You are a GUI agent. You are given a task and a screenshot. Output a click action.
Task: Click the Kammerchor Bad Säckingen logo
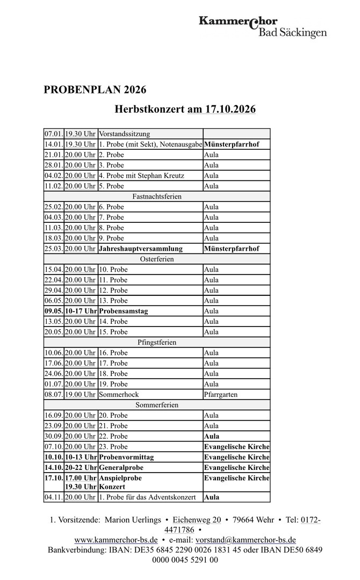pyautogui.click(x=262, y=27)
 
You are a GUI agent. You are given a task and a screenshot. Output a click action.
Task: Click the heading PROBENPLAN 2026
pyautogui.click(x=95, y=90)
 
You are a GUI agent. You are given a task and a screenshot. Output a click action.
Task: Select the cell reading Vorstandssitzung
pyautogui.click(x=124, y=134)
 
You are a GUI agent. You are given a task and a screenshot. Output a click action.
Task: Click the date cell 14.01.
pyautogui.click(x=54, y=144)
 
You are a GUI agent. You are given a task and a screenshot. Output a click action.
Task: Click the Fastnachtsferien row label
pyautogui.click(x=157, y=197)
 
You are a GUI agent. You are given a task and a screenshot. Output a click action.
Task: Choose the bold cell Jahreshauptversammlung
pyautogui.click(x=141, y=249)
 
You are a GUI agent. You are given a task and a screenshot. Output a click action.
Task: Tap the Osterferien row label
pyautogui.click(x=157, y=259)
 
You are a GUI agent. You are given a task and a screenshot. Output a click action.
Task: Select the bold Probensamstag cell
pyautogui.click(x=124, y=311)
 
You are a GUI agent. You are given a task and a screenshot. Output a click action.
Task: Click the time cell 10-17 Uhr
pyautogui.click(x=81, y=311)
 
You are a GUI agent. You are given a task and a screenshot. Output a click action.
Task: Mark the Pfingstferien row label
pyautogui.click(x=157, y=342)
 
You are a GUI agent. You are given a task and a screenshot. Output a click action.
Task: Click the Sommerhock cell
pyautogui.click(x=119, y=395)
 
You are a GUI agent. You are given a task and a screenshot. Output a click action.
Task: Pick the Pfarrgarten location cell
pyautogui.click(x=221, y=395)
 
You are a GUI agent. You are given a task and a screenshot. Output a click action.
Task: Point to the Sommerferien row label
pyautogui.click(x=157, y=405)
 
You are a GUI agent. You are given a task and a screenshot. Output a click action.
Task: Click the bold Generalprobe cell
pyautogui.click(x=121, y=468)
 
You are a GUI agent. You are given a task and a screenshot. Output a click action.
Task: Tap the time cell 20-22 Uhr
pyautogui.click(x=81, y=468)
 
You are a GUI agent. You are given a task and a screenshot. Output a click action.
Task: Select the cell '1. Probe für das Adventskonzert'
pyautogui.click(x=147, y=497)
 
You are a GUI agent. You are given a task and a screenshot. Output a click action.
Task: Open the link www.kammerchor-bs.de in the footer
pyautogui.click(x=116, y=540)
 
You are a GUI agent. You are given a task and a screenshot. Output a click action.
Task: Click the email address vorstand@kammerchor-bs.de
pyautogui.click(x=246, y=540)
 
